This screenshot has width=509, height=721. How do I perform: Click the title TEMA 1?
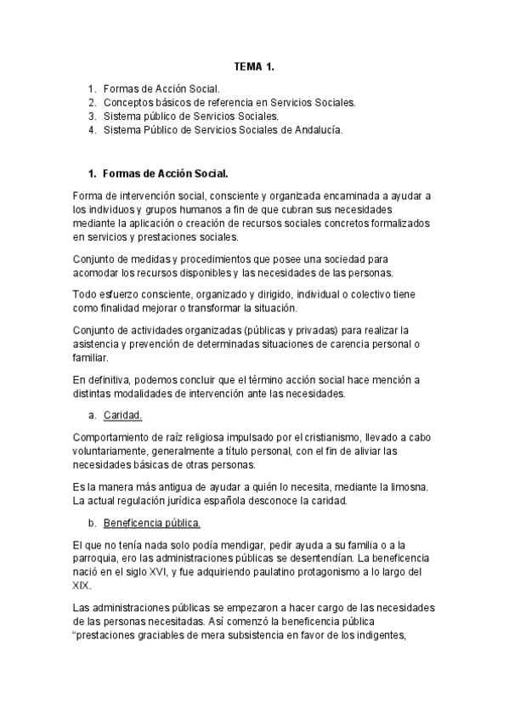(254, 65)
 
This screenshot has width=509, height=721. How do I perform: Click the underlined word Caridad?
(122, 415)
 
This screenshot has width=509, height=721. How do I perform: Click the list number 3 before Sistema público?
(91, 116)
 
